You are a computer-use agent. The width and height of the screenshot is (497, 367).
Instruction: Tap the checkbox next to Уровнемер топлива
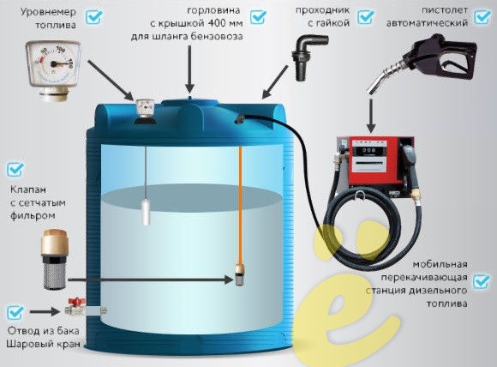coord(94,17)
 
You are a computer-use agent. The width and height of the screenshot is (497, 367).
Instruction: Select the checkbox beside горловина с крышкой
coord(258,17)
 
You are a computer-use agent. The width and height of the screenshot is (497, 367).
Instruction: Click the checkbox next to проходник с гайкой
coord(366,17)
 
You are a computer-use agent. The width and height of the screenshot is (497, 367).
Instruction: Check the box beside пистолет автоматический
coord(482,17)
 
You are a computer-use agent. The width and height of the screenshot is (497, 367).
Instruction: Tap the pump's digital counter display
coord(368,150)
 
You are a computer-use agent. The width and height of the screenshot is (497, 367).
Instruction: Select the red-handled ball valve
coord(75,307)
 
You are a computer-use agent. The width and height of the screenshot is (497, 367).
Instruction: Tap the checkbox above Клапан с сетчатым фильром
coord(15,170)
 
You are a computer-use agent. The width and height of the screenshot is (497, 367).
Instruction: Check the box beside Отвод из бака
coord(15,312)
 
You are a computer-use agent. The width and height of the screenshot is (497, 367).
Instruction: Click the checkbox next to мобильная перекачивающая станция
coord(482,281)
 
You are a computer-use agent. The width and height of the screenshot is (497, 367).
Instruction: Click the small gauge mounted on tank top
coord(145,111)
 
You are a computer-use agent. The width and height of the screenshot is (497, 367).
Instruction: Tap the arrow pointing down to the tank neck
coord(190,69)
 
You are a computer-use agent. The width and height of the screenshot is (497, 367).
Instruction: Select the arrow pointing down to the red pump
coord(371,116)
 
